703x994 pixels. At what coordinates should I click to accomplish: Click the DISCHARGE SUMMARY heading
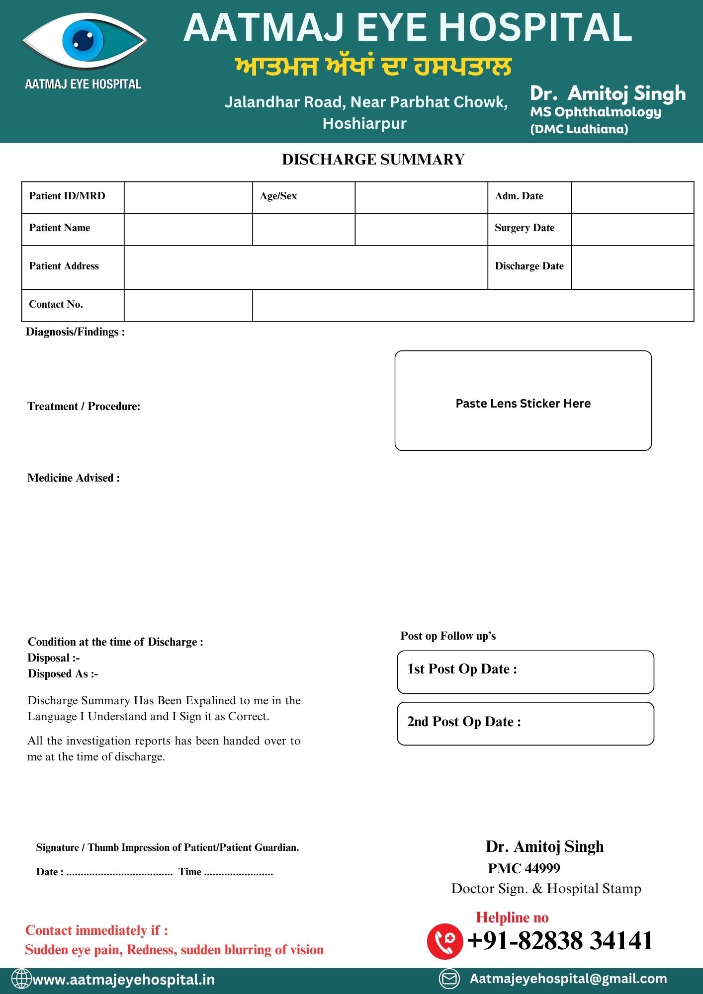[x=373, y=160]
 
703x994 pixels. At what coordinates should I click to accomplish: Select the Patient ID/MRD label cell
[x=73, y=197]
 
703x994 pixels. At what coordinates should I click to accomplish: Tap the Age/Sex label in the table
[x=278, y=196]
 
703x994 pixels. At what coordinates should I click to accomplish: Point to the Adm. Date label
[x=519, y=196]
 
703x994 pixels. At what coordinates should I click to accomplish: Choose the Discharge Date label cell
[x=529, y=266]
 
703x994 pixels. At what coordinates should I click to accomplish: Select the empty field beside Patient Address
[x=305, y=267]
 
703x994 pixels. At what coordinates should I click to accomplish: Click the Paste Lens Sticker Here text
[x=523, y=404]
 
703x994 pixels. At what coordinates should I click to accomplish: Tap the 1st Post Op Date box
[x=526, y=672]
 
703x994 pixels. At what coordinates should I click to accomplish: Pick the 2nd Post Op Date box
[x=526, y=724]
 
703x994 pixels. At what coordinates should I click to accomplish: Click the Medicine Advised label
[x=74, y=478]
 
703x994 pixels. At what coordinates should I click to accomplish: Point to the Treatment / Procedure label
[x=84, y=407]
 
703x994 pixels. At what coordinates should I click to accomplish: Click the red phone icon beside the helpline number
[x=444, y=941]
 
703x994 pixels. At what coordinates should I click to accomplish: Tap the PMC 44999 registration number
[x=524, y=868]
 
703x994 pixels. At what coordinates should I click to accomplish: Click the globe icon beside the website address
[x=21, y=979]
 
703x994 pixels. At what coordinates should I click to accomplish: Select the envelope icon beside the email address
[x=449, y=979]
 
